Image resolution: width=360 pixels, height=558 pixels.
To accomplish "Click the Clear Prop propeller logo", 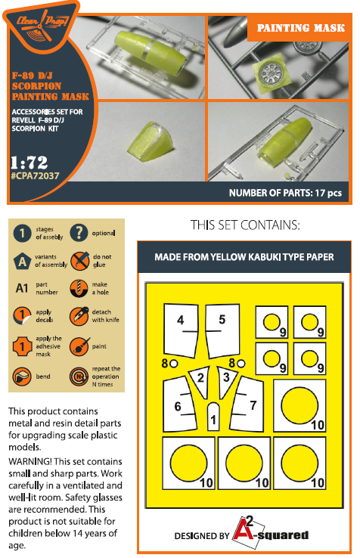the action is [41, 25].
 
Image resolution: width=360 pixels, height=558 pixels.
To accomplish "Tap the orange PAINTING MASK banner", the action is [300, 28].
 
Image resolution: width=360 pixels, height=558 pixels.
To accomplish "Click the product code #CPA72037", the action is [36, 175].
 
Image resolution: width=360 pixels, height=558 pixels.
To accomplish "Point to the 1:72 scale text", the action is [29, 163].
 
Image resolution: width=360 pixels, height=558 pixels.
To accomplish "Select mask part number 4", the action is [181, 330].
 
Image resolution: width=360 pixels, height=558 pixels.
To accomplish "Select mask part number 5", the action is [222, 330].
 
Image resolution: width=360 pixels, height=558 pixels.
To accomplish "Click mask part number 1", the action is [213, 417].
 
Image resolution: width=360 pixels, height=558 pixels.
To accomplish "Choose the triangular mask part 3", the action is [226, 380].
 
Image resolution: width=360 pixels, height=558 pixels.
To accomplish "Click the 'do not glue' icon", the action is [79, 261].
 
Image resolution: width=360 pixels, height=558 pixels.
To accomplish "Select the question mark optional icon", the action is [79, 233].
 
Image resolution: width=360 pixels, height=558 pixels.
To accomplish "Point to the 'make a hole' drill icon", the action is [79, 288].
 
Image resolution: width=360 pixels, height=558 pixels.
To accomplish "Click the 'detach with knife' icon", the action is [79, 315].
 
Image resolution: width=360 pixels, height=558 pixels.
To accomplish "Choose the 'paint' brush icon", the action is [79, 346].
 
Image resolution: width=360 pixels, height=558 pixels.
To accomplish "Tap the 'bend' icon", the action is [22, 377].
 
